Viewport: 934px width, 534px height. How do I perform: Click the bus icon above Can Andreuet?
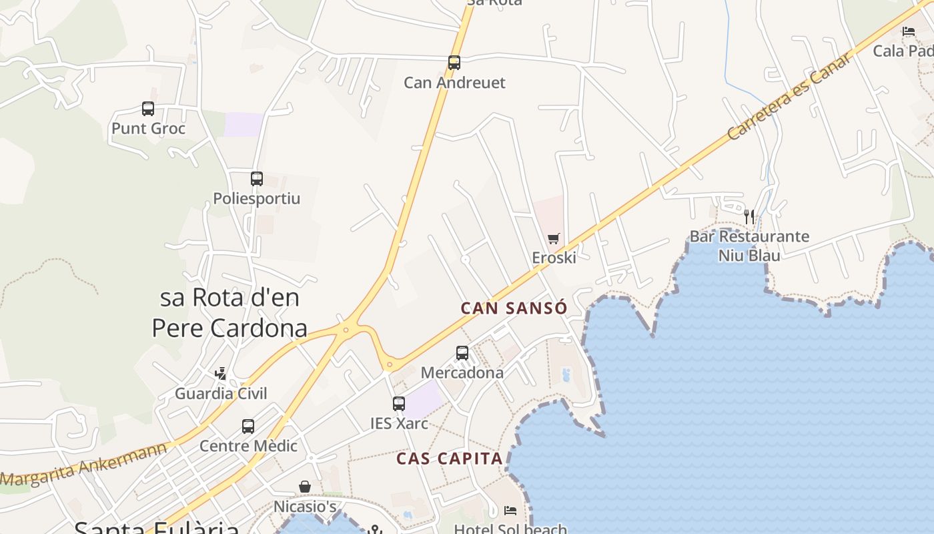[x=454, y=63]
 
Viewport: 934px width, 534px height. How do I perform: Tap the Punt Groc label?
[x=148, y=128]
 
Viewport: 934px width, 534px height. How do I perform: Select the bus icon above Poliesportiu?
[x=257, y=179]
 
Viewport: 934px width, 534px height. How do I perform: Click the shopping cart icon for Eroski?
[x=553, y=238]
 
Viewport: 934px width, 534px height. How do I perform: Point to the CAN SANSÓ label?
[x=514, y=308]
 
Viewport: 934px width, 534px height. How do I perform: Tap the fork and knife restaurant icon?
[x=749, y=217]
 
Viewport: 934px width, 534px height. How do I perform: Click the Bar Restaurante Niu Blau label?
[x=749, y=246]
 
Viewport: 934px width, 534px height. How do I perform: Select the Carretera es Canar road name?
[x=790, y=96]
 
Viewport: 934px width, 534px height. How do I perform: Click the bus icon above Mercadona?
[x=462, y=353]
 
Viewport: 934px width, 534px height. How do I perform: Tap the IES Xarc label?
[x=399, y=423]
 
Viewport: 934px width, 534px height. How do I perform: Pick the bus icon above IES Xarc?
[x=399, y=404]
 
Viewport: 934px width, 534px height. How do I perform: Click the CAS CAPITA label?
[x=450, y=459]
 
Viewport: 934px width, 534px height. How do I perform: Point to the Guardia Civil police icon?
[x=221, y=374]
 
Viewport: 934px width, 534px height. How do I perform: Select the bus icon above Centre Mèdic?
[x=248, y=426]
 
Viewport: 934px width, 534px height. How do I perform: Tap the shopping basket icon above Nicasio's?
[x=305, y=487]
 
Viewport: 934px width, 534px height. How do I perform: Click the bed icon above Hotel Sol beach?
[x=510, y=511]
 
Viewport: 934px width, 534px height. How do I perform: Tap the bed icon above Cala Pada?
[x=909, y=31]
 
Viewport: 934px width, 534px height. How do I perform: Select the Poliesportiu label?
[x=257, y=198]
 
